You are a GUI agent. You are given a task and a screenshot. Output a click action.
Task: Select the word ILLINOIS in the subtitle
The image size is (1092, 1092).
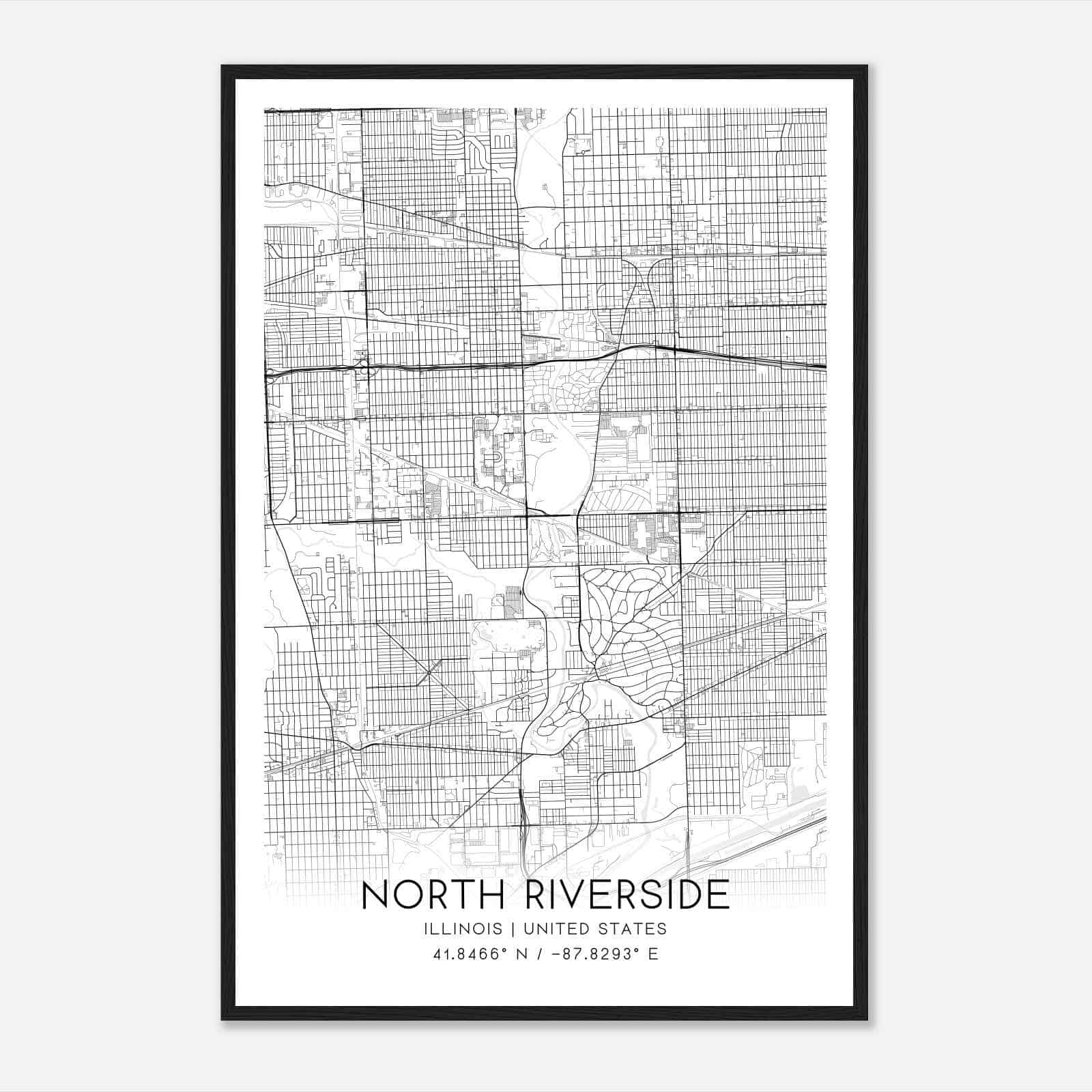pos(463,929)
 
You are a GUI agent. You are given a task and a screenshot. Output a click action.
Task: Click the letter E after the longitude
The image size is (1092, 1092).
pos(653,954)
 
